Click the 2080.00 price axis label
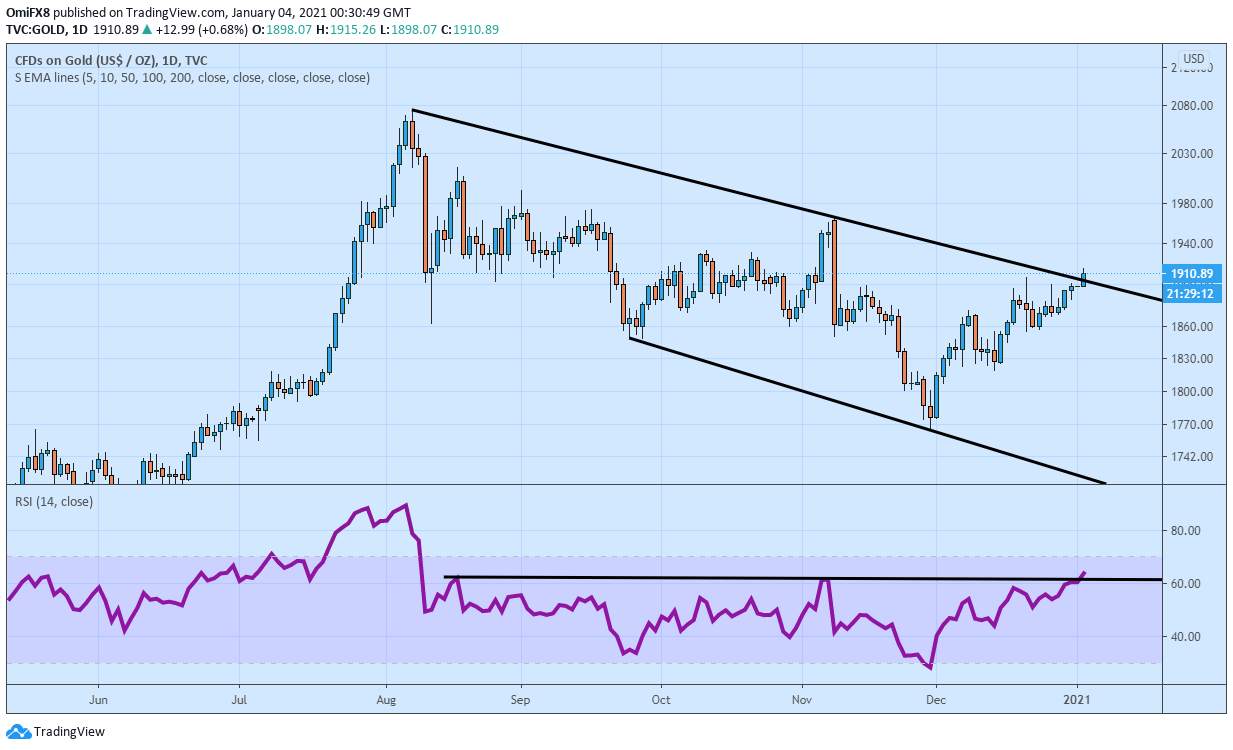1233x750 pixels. (x=1191, y=106)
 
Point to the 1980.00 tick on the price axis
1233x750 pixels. (x=1191, y=204)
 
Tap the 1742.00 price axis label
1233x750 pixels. (x=1191, y=457)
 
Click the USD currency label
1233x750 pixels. (x=1193, y=58)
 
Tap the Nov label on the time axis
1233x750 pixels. (x=803, y=700)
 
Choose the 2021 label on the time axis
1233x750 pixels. (x=1077, y=700)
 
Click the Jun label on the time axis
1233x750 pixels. (x=98, y=700)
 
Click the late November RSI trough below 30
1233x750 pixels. (x=930, y=667)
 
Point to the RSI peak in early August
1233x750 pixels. (x=405, y=505)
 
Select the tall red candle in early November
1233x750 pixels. (x=833, y=270)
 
